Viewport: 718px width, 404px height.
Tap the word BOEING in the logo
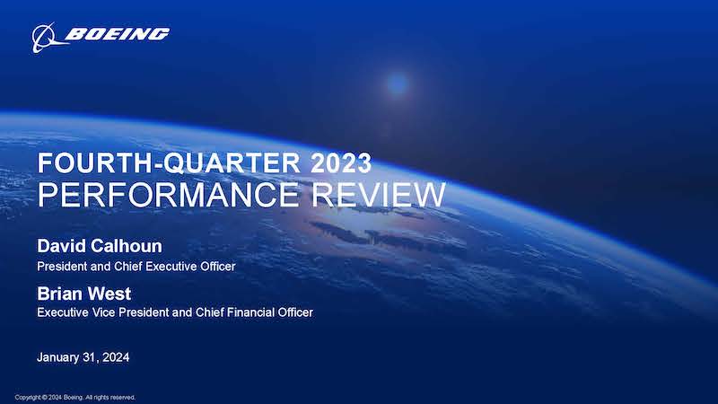point(118,34)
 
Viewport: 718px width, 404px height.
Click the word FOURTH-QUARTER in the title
point(169,163)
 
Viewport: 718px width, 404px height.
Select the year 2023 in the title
point(341,163)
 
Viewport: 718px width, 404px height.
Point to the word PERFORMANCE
point(168,195)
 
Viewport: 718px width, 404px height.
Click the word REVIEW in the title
point(379,195)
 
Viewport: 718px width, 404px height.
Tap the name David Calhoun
point(100,246)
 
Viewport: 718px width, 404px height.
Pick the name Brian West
point(84,294)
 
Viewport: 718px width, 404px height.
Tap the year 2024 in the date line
point(116,357)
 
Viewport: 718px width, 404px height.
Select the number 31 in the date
point(89,357)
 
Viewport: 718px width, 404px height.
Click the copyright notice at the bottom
point(75,397)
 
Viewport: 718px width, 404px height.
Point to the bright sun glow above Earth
point(397,83)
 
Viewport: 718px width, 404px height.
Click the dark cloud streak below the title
point(385,238)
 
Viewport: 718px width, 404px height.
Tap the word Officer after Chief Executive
point(218,266)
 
